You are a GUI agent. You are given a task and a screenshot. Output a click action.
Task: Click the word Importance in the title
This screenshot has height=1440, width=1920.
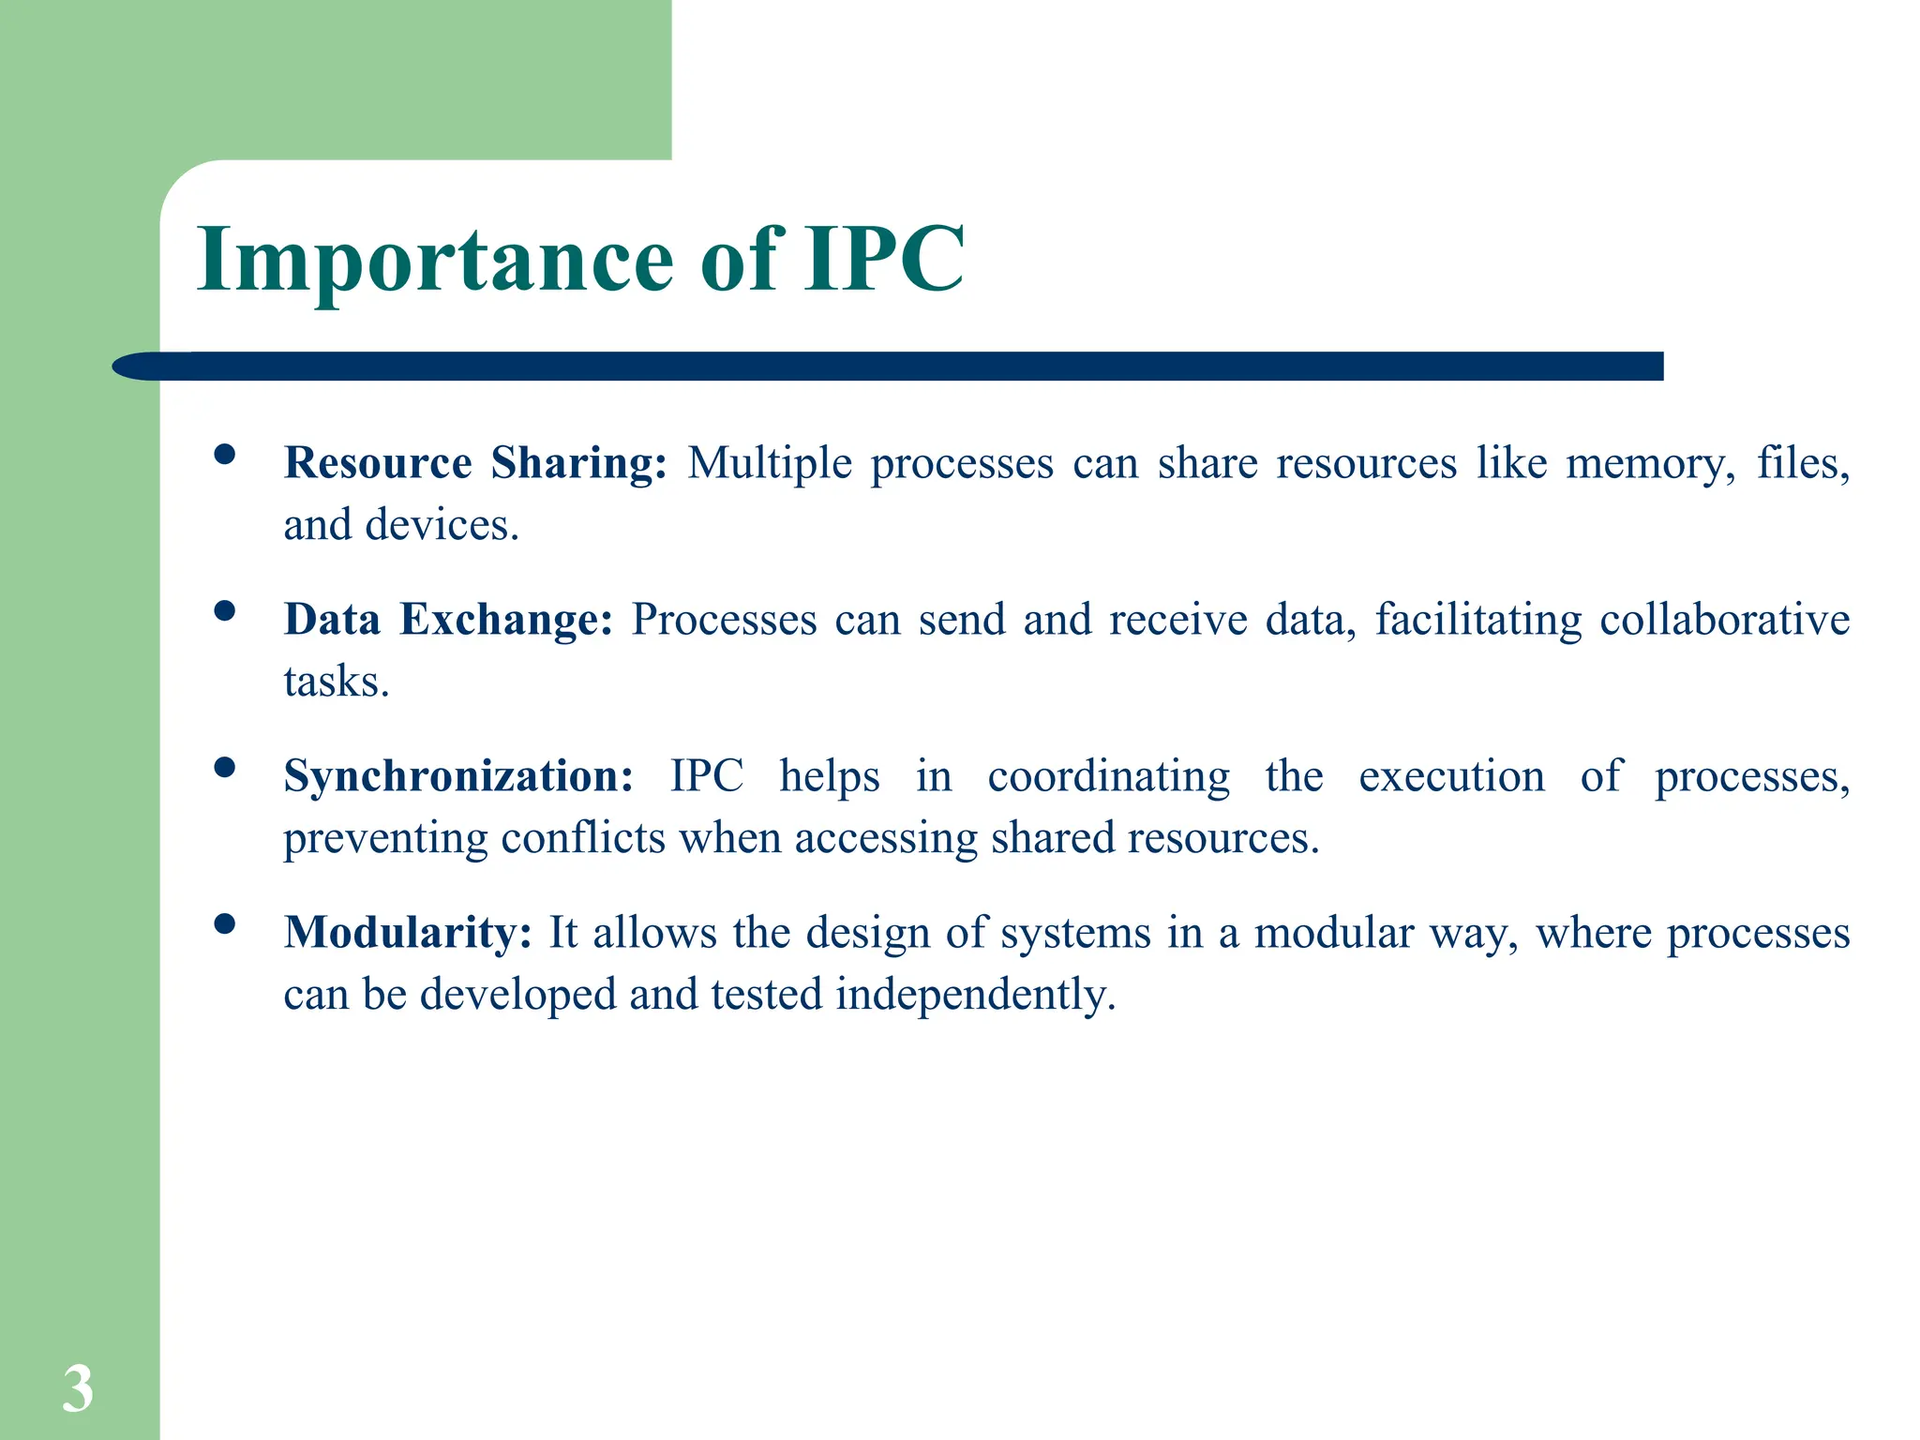tap(435, 261)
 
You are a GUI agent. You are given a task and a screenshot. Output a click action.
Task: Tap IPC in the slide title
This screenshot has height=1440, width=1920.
tap(883, 259)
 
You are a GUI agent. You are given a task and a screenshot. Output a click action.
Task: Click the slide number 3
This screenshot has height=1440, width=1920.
tap(78, 1388)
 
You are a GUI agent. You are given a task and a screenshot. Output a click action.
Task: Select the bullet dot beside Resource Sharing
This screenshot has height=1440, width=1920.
tap(224, 455)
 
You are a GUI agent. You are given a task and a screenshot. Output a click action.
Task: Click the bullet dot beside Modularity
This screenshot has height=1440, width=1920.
tap(224, 924)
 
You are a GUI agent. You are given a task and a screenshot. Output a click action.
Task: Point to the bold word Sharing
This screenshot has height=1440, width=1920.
tap(578, 463)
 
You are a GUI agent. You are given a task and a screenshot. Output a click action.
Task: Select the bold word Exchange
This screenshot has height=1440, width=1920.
tap(505, 620)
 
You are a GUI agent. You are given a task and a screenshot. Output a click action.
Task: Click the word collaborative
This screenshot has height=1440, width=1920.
tap(1724, 620)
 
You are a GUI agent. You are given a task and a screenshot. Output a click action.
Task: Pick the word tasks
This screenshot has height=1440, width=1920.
tap(336, 682)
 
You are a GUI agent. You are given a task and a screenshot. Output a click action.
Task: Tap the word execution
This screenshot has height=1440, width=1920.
tap(1451, 777)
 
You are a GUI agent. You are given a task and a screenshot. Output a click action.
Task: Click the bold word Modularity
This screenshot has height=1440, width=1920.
tap(408, 934)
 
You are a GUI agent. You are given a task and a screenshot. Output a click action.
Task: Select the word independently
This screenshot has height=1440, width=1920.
tap(975, 995)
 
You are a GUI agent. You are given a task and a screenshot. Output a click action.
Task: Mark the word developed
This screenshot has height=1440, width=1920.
tap(517, 995)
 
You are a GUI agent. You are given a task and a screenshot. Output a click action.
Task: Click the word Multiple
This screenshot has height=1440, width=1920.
tap(770, 464)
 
